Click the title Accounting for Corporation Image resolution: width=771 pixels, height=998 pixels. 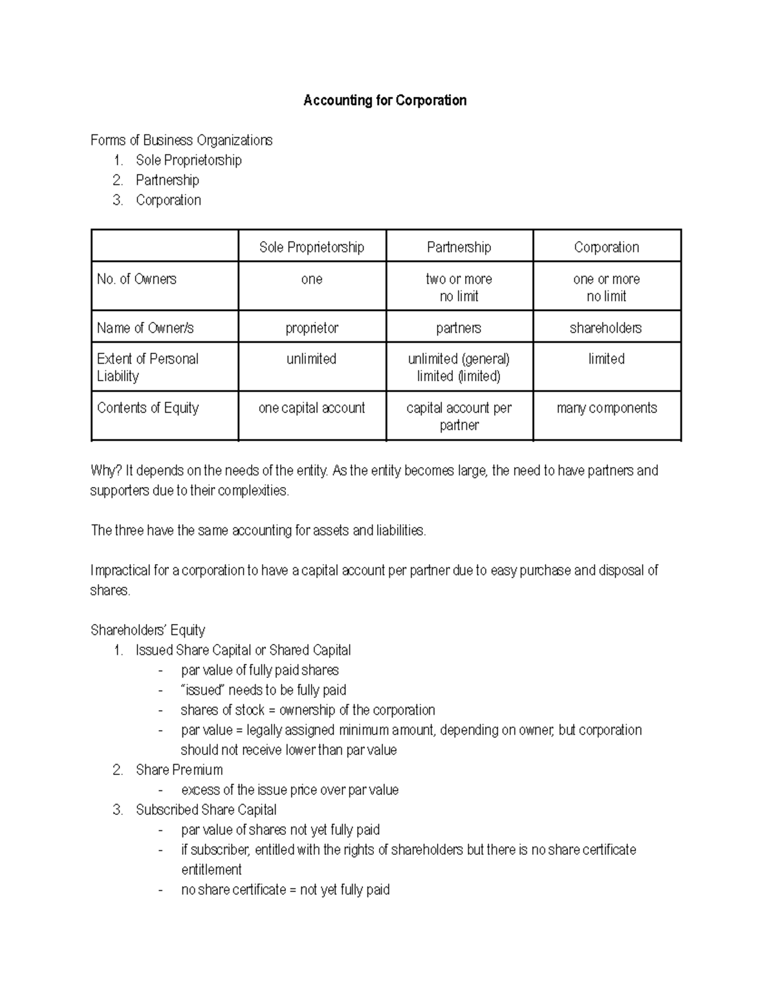click(x=385, y=100)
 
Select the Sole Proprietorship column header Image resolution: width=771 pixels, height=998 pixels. click(x=312, y=247)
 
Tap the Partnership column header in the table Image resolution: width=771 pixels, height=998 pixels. click(x=459, y=247)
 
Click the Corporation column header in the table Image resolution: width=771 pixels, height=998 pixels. click(x=607, y=247)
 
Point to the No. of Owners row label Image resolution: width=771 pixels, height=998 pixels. click(x=137, y=279)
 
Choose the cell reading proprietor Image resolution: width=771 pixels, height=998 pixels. click(x=312, y=328)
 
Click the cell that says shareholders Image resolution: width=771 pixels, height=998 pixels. click(x=606, y=328)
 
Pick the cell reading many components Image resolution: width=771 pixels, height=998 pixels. click(x=607, y=408)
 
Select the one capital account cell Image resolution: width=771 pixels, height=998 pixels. click(x=312, y=408)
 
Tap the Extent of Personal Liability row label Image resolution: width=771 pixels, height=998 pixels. click(x=147, y=367)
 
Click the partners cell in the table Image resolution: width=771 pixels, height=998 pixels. click(x=459, y=328)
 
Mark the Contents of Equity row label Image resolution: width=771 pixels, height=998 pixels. click(x=148, y=408)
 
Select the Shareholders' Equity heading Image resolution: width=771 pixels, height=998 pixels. click(x=148, y=630)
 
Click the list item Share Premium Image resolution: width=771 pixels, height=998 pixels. click(x=179, y=770)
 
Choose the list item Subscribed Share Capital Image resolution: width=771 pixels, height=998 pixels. click(x=206, y=810)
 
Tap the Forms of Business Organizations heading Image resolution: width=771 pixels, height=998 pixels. click(x=181, y=140)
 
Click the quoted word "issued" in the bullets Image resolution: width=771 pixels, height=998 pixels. click(x=202, y=690)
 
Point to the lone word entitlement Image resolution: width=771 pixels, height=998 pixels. click(x=211, y=870)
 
